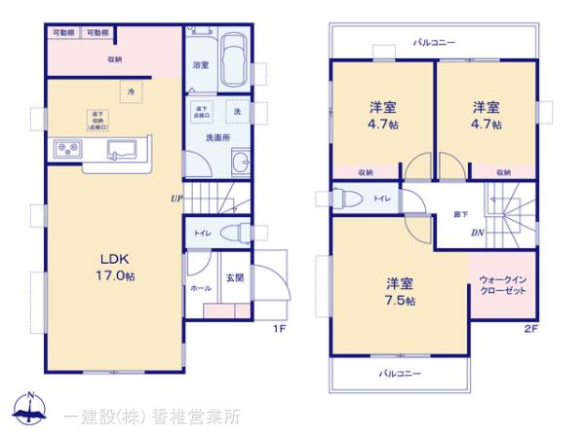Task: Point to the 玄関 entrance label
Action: [x=235, y=278]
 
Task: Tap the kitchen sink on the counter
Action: [x=121, y=149]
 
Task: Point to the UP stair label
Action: [x=175, y=200]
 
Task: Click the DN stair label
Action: [x=479, y=233]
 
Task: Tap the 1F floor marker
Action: [x=278, y=329]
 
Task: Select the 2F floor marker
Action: [x=531, y=329]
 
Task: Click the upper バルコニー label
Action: [x=433, y=42]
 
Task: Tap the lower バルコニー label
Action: [x=400, y=373]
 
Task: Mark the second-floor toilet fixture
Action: [x=343, y=198]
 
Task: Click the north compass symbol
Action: [x=29, y=412]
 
